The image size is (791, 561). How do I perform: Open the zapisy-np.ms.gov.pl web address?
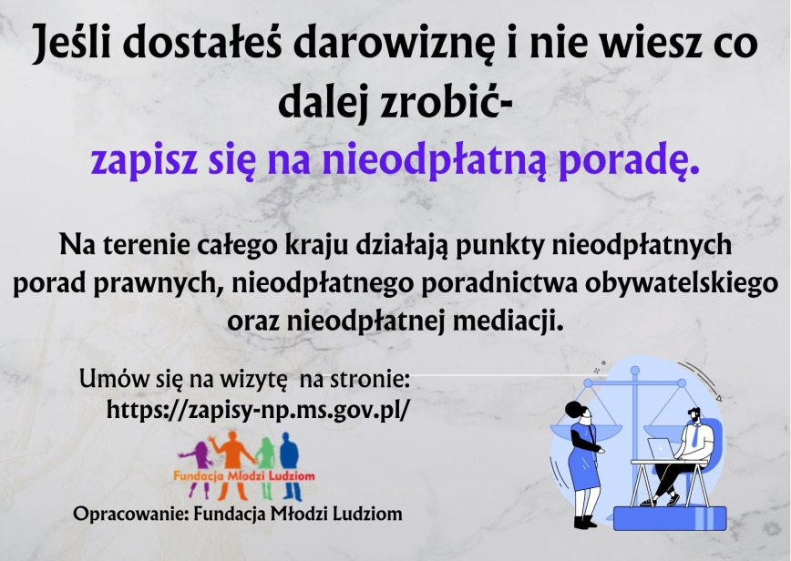pyautogui.click(x=256, y=410)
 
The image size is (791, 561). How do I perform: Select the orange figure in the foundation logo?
pyautogui.click(x=233, y=464)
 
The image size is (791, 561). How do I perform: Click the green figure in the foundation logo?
pyautogui.click(x=266, y=466)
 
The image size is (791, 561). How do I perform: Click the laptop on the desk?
pyautogui.click(x=662, y=449)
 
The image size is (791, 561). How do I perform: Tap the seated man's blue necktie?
pyautogui.click(x=695, y=435)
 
